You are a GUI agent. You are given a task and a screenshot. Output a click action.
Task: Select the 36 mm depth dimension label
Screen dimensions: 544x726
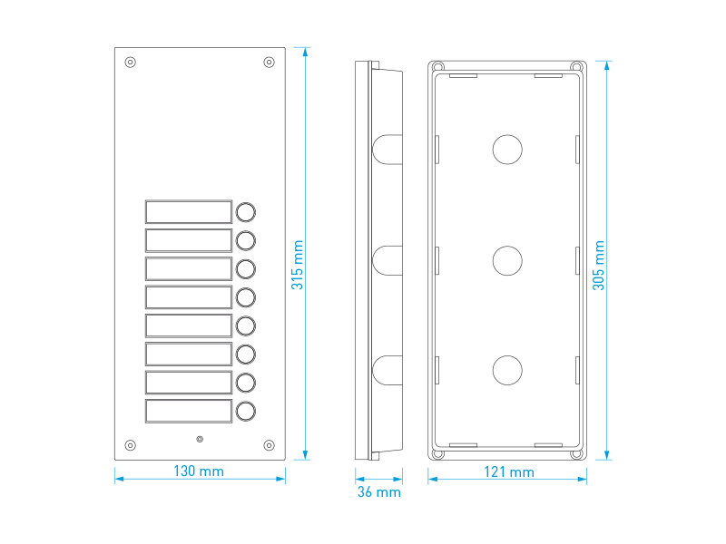point(378,492)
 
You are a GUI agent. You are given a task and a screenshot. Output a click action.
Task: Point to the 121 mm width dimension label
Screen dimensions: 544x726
point(509,472)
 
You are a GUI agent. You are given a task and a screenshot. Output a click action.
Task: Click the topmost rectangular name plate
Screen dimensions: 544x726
point(189,212)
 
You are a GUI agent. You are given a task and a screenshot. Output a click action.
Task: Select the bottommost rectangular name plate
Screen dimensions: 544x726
point(189,411)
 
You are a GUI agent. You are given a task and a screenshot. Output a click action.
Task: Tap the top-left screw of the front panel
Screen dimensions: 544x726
point(131,63)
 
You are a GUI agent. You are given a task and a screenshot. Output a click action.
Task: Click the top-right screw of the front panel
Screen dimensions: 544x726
point(269,62)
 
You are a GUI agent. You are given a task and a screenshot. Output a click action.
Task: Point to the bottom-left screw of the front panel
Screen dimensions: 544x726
point(131,445)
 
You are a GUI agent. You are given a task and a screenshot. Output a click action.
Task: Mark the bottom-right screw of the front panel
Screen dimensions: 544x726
point(269,445)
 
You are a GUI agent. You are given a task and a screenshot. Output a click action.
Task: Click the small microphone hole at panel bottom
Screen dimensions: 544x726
point(200,440)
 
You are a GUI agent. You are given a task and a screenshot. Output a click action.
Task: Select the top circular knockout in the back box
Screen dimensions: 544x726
point(508,150)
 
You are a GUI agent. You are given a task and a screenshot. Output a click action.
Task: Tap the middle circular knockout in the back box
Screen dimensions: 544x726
point(508,261)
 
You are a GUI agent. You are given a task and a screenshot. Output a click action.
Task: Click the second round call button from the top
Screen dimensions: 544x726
point(246,240)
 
